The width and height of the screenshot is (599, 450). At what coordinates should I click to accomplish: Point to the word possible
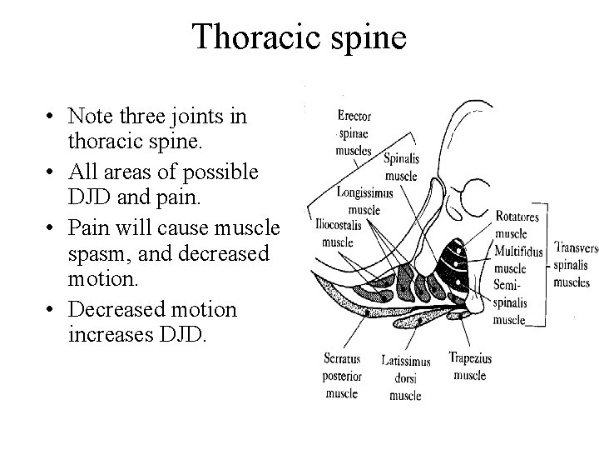(222, 172)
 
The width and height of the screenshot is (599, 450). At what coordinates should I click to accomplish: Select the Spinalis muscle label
(400, 167)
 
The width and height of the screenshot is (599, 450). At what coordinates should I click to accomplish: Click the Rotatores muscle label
(517, 226)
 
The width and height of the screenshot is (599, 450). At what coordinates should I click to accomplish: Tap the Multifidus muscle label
(517, 258)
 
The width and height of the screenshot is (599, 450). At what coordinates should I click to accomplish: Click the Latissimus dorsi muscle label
(406, 377)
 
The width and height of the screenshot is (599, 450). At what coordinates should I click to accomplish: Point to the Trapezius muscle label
(470, 367)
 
